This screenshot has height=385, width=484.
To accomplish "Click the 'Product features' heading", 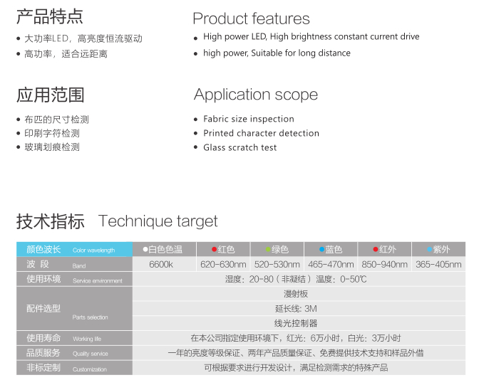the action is [x=251, y=19].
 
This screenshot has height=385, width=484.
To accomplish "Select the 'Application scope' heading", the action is [x=256, y=95].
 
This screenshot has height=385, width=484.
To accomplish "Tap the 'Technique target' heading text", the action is [x=158, y=221].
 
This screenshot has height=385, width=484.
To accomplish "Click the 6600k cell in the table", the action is [x=161, y=265].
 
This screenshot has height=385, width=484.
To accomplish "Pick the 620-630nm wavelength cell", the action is [x=223, y=265].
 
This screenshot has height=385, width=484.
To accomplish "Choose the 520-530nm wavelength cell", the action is [x=277, y=265].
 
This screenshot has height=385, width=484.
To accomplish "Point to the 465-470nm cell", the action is [x=331, y=265].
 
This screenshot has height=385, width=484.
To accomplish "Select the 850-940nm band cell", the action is [x=385, y=265].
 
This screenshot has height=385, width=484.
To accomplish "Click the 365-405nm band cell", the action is [x=438, y=265].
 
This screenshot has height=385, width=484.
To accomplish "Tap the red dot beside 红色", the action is [x=214, y=249].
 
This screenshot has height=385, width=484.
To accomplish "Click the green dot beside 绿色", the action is [x=268, y=249].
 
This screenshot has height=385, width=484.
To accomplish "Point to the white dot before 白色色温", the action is [x=145, y=249].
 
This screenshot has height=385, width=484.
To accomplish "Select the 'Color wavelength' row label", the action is [x=94, y=250].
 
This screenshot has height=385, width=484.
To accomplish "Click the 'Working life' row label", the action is [x=87, y=339].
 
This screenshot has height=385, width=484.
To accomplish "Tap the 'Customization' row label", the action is [x=90, y=369].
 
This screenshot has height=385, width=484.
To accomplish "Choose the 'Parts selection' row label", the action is [x=90, y=317].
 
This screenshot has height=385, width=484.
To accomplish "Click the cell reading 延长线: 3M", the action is [x=296, y=309].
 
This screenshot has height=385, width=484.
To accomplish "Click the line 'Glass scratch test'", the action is [x=240, y=147].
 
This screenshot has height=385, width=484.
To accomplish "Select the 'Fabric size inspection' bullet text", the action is [x=249, y=119].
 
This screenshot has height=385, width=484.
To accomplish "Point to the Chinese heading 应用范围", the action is [x=51, y=95].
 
